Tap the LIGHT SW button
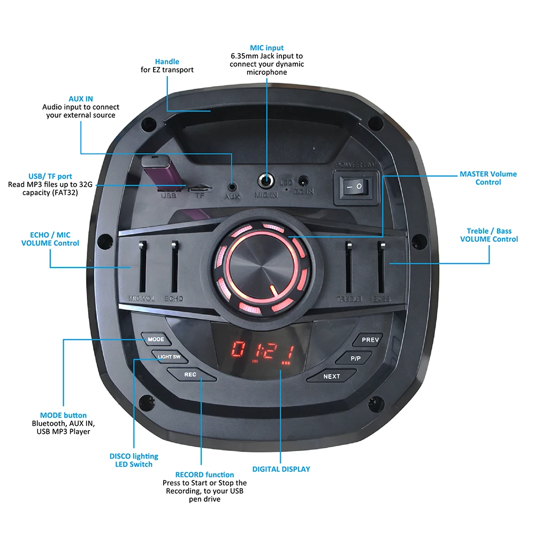(x=169, y=356)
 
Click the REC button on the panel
(x=190, y=374)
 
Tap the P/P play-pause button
(x=356, y=358)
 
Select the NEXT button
(x=332, y=376)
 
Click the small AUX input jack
(x=232, y=187)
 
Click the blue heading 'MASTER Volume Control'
(x=488, y=178)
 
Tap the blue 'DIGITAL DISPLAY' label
(x=281, y=469)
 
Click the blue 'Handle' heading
(x=167, y=62)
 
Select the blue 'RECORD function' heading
(x=204, y=475)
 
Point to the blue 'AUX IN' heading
(x=81, y=99)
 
